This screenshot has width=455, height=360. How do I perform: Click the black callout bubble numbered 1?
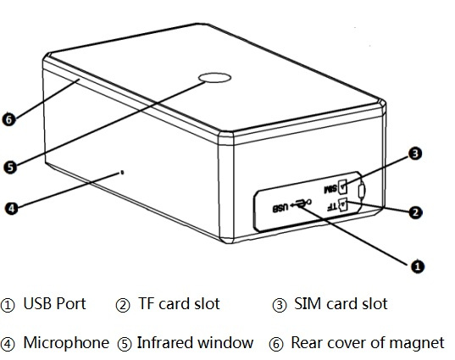(x=417, y=266)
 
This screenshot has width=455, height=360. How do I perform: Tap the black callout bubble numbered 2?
(x=415, y=213)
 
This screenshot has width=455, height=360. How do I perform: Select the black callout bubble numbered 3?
(x=415, y=153)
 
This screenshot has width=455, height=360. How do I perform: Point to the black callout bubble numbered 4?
(x=11, y=208)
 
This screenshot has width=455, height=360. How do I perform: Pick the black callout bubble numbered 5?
(x=10, y=168)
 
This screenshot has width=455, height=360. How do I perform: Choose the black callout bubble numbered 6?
(x=9, y=119)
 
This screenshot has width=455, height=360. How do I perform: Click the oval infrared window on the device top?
(x=214, y=77)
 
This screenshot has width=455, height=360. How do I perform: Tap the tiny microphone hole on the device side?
(x=122, y=173)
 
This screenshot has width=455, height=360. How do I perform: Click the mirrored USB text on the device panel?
(x=280, y=208)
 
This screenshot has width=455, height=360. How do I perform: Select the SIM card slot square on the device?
(x=342, y=186)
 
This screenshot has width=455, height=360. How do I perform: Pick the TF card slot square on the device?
(x=343, y=203)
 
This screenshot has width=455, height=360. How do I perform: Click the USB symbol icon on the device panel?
(x=301, y=203)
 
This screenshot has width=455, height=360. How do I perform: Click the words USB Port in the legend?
(x=54, y=304)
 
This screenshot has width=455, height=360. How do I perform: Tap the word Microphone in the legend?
(x=66, y=342)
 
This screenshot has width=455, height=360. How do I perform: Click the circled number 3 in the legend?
(x=280, y=305)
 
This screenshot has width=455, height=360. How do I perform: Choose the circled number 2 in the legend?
(x=123, y=305)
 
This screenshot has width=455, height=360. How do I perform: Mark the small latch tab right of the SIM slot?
(x=362, y=191)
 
